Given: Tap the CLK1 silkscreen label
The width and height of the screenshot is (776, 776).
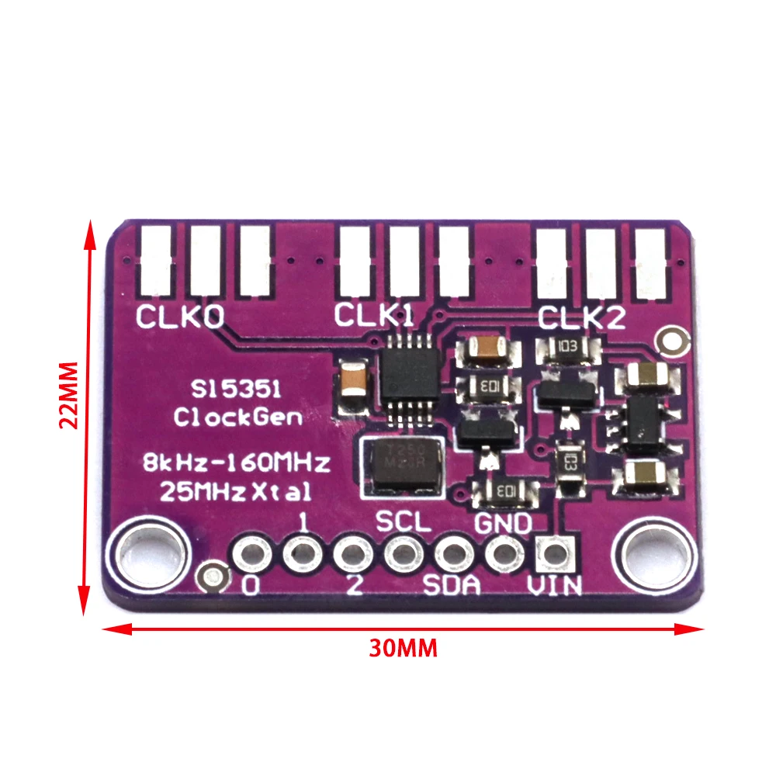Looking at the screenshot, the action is [374, 315].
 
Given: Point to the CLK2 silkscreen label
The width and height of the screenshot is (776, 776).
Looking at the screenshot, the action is [582, 318].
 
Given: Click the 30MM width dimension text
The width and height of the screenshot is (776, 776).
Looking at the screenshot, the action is [403, 648].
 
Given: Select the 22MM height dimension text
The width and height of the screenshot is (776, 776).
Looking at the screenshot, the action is [70, 396].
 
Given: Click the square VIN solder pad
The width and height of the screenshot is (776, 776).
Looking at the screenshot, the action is [554, 553].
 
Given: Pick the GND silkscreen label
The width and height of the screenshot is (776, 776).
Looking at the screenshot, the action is [502, 524].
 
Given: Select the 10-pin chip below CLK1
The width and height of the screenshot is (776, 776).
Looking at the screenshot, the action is [407, 379].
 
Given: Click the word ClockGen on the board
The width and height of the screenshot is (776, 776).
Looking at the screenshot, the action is [237, 417].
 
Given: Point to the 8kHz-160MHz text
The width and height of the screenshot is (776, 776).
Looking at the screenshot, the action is [237, 464].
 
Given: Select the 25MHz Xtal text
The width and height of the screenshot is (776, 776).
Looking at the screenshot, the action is [236, 490].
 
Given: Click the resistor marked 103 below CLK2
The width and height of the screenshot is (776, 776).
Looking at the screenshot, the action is [567, 348].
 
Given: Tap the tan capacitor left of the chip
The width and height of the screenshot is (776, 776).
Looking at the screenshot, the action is [354, 386].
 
